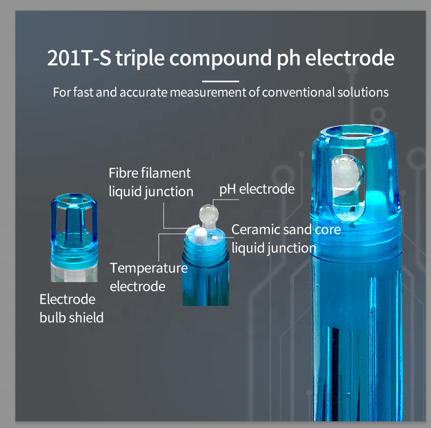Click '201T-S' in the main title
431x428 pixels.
[79, 57]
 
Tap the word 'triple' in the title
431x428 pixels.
[140, 59]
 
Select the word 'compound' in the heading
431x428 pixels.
[221, 58]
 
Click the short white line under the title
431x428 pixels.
[221, 81]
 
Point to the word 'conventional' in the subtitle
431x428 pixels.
[298, 92]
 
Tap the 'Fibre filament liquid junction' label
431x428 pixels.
[151, 182]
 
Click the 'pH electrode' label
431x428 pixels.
[257, 189]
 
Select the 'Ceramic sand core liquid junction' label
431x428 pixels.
[286, 239]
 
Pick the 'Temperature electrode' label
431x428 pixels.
[149, 277]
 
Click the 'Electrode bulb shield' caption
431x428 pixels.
[71, 308]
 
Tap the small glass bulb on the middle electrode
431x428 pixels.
[209, 214]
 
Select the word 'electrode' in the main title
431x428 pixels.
[349, 58]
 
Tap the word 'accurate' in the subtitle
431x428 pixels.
[143, 93]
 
